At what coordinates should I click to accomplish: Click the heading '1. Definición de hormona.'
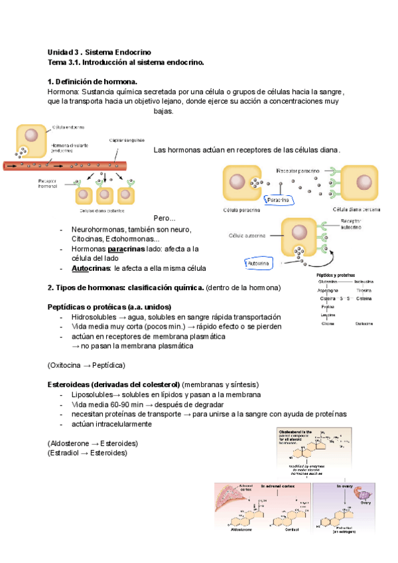tap(92, 82)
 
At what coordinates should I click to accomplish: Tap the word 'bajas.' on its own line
tap(163, 112)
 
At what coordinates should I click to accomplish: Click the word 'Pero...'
tap(165, 218)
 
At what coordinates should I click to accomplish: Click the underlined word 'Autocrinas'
tap(91, 268)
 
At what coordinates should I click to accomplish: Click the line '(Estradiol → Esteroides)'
tap(88, 453)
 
